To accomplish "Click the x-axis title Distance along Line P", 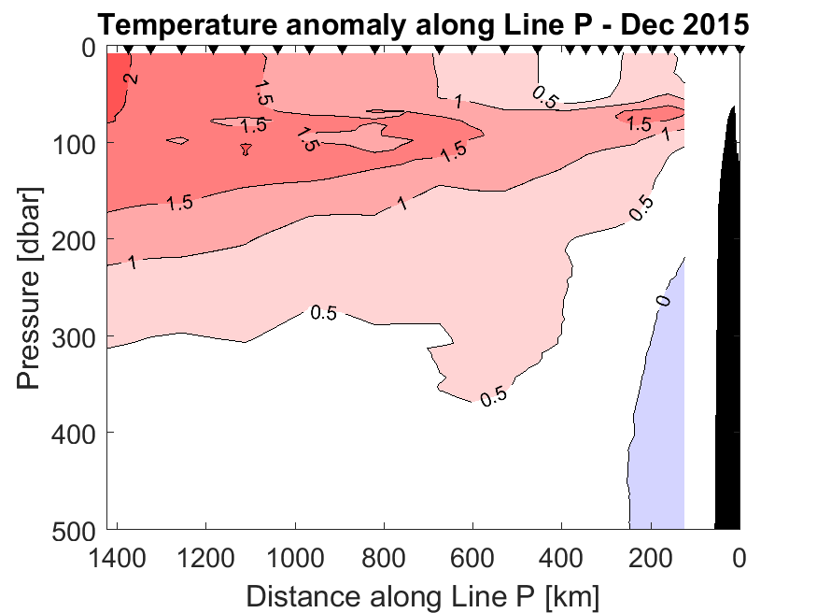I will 423,594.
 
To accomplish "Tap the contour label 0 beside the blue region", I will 664,300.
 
